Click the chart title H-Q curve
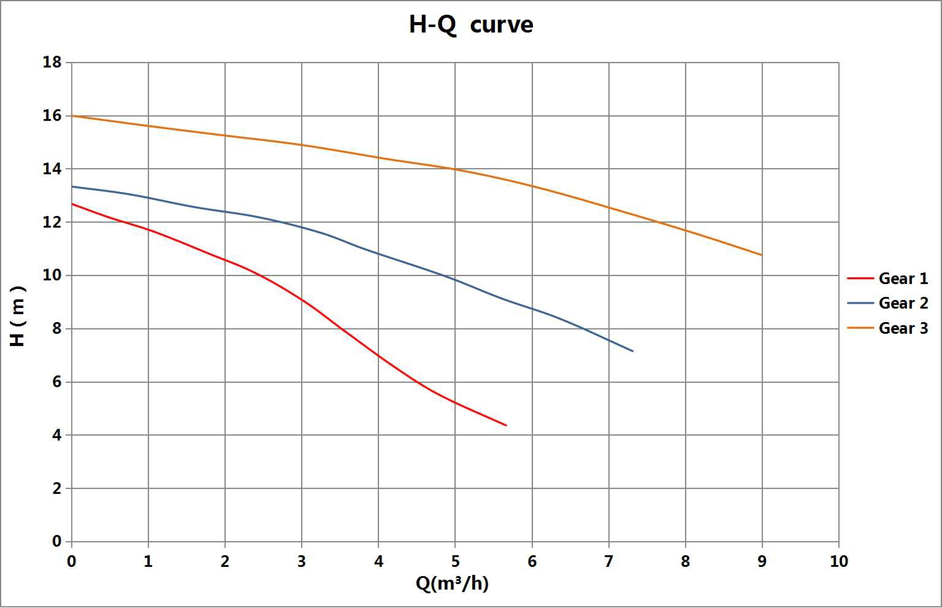click(470, 25)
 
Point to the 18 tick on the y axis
click(53, 63)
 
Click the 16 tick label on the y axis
click(53, 115)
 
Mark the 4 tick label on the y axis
click(57, 436)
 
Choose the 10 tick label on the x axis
click(838, 561)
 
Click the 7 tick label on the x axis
click(608, 561)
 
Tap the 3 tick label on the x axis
click(302, 561)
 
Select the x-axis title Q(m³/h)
click(452, 583)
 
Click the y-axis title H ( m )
click(18, 316)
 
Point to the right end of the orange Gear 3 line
click(762, 255)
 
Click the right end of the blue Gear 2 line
click(633, 351)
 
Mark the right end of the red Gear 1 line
click(506, 425)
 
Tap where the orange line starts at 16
click(72, 115)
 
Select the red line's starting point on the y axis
click(72, 204)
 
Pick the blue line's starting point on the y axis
click(72, 186)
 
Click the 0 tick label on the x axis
click(72, 561)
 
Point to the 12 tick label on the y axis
click(53, 222)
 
